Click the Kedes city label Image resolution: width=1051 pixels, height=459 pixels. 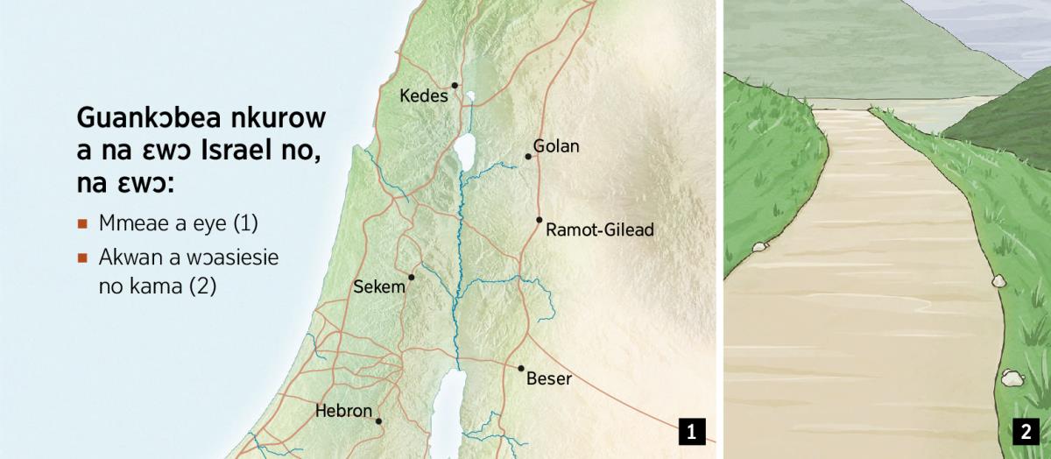click(423, 95)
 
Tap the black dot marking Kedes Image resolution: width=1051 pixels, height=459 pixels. click(455, 85)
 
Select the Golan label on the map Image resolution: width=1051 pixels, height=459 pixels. click(556, 146)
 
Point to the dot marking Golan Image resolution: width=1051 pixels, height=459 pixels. click(528, 157)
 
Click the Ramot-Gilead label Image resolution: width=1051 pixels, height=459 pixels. click(599, 230)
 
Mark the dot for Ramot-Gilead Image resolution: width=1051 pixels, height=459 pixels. click(540, 220)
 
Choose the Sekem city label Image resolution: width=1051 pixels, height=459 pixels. click(379, 287)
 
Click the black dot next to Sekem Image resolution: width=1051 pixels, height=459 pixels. click(411, 277)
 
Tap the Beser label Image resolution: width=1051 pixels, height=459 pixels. click(548, 379)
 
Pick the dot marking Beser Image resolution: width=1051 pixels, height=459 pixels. click(520, 369)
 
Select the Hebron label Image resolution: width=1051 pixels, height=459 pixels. click(343, 410)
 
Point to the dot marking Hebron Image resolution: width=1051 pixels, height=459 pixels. click(378, 421)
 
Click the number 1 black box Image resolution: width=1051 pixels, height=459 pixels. click(691, 431)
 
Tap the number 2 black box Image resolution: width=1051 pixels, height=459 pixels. click(1024, 431)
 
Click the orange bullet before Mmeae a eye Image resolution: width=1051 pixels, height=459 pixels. click(82, 223)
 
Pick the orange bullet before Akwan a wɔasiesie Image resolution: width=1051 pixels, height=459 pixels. click(82, 258)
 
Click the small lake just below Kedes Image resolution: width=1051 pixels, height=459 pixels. click(470, 97)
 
